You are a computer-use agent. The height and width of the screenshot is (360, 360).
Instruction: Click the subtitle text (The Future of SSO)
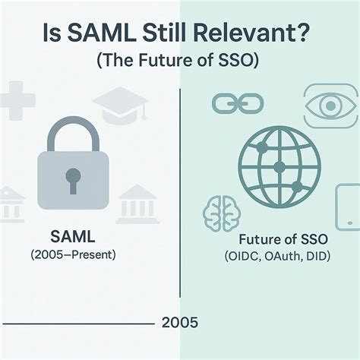tap(181, 63)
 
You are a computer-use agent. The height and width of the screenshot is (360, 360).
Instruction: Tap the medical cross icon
tap(16, 103)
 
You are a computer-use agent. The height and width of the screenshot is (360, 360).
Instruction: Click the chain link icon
tap(227, 103)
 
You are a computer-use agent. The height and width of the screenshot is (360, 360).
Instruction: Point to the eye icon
tap(329, 105)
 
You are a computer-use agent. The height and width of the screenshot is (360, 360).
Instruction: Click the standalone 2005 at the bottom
tap(180, 323)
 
